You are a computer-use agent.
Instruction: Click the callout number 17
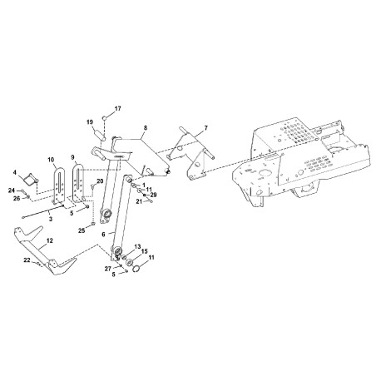coord(117,109)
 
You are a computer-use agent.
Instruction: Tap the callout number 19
coord(89,122)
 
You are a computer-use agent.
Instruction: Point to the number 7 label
coord(206,128)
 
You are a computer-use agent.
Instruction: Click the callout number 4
coord(14,173)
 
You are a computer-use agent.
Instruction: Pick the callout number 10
coord(51,158)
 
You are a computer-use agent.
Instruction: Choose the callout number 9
coord(73,156)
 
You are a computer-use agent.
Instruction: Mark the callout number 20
coord(101,181)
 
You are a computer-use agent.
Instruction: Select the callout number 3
coord(50,218)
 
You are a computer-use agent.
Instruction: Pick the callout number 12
coord(49,240)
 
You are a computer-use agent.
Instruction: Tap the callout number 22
coord(27,260)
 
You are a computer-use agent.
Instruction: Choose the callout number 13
coord(138,247)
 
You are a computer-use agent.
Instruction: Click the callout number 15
coord(144,252)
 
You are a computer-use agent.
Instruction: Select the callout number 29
coord(153,195)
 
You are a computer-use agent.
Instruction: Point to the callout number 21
coord(140,201)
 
